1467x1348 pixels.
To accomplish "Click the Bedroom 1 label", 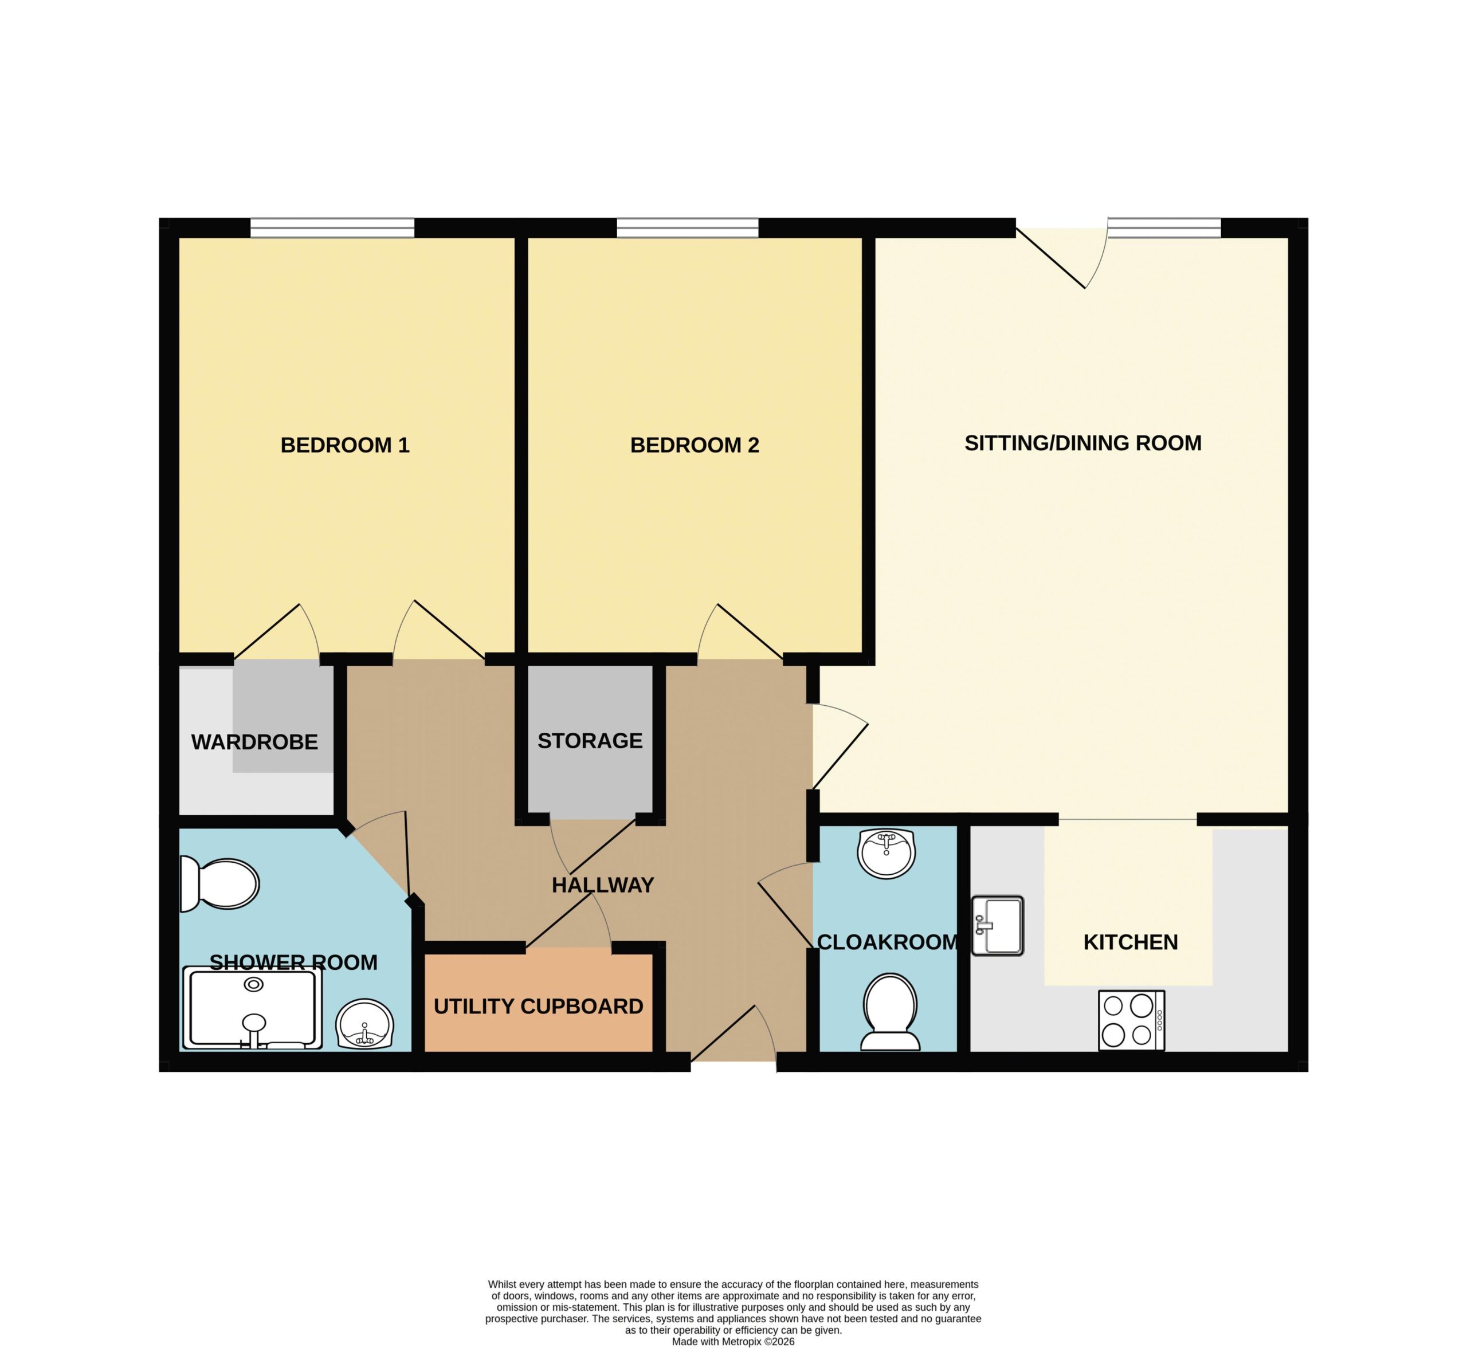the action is (345, 445).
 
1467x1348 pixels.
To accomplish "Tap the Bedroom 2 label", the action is (695, 445).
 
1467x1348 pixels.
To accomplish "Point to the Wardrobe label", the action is (254, 742).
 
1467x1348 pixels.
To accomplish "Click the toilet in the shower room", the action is (219, 884).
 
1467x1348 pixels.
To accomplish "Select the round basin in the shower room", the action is (364, 1024).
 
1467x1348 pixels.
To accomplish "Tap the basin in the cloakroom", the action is (887, 854).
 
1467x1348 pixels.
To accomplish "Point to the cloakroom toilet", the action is (890, 1012).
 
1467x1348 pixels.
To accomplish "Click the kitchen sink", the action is (998, 926).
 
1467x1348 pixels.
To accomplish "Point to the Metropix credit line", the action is (733, 1342).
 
